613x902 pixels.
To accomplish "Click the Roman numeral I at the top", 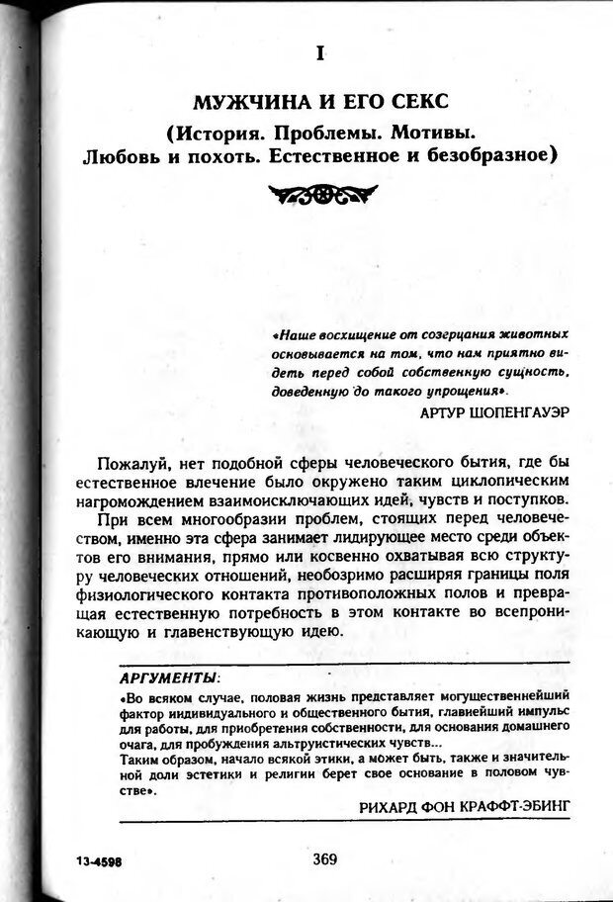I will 320,54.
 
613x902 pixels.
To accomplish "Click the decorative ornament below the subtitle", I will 321,192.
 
